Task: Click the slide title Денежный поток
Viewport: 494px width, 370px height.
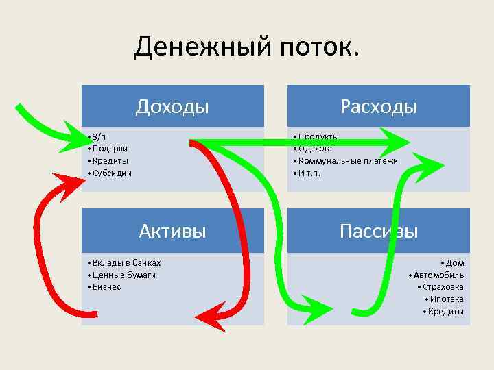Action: pos(246,48)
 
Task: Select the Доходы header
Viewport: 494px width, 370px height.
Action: pos(172,106)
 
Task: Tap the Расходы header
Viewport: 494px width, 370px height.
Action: pos(379,106)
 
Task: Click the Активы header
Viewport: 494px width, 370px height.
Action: pos(172,230)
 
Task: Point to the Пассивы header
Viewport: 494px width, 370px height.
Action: pos(379,230)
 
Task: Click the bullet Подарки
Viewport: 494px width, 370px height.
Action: pos(110,148)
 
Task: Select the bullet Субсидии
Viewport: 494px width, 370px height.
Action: pos(112,173)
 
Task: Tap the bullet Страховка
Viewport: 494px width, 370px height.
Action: pos(443,287)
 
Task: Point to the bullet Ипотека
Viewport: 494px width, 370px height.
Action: pos(447,299)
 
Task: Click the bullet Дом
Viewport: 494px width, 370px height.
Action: pos(454,262)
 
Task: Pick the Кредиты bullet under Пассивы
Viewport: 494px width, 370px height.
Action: pos(445,312)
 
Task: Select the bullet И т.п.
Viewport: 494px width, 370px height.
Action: pos(308,173)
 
